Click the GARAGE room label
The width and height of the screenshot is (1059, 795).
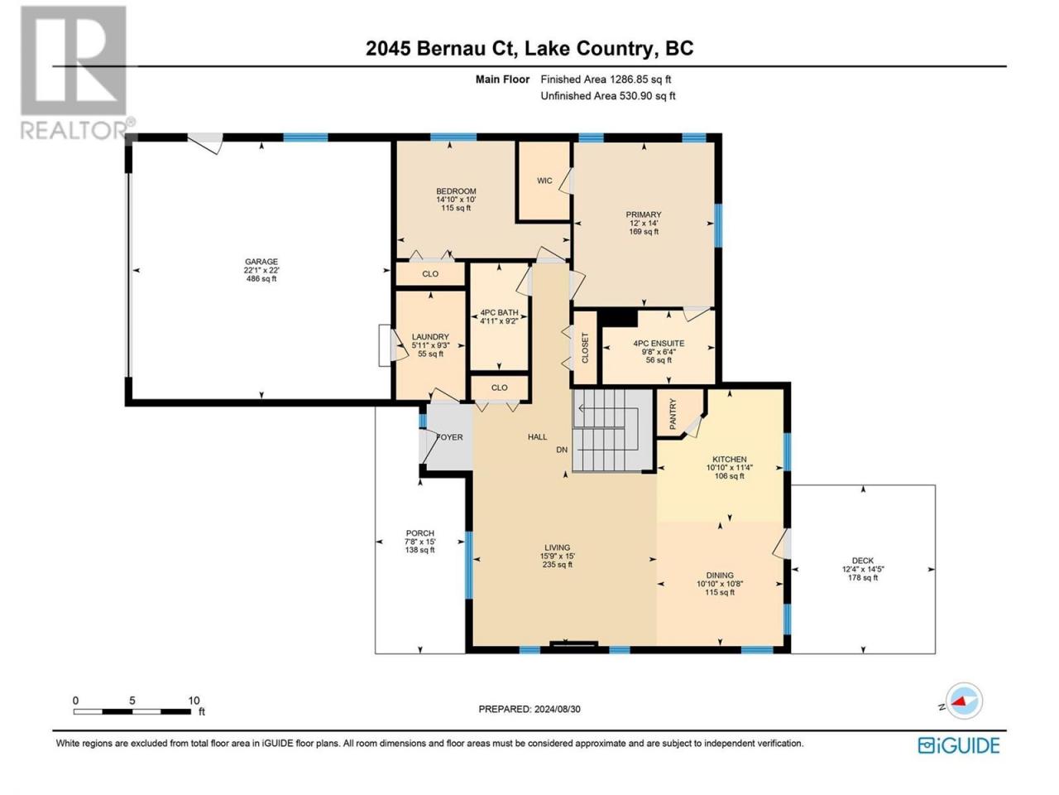click(x=261, y=262)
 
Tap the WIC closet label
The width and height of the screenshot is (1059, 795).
click(x=544, y=181)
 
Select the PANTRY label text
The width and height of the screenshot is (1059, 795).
click(x=673, y=414)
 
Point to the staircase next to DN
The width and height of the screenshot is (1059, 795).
click(x=612, y=430)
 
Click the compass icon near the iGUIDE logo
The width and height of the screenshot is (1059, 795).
click(x=964, y=701)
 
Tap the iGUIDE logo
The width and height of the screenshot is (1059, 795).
click(x=958, y=746)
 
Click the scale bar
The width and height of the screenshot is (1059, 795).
click(x=132, y=711)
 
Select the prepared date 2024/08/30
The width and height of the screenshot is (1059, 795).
click(x=558, y=709)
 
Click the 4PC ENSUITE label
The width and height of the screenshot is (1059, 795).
click(x=659, y=343)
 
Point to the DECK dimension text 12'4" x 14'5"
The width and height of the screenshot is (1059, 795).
click(x=863, y=569)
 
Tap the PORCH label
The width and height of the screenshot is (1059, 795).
click(x=419, y=533)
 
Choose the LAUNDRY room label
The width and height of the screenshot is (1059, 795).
click(x=430, y=337)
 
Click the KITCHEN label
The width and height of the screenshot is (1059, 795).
click(x=730, y=460)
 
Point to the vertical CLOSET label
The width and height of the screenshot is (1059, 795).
click(x=585, y=348)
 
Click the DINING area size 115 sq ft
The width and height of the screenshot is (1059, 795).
click(x=720, y=592)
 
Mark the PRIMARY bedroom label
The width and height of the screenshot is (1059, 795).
click(x=644, y=214)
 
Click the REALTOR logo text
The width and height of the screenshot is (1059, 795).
click(x=74, y=130)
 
